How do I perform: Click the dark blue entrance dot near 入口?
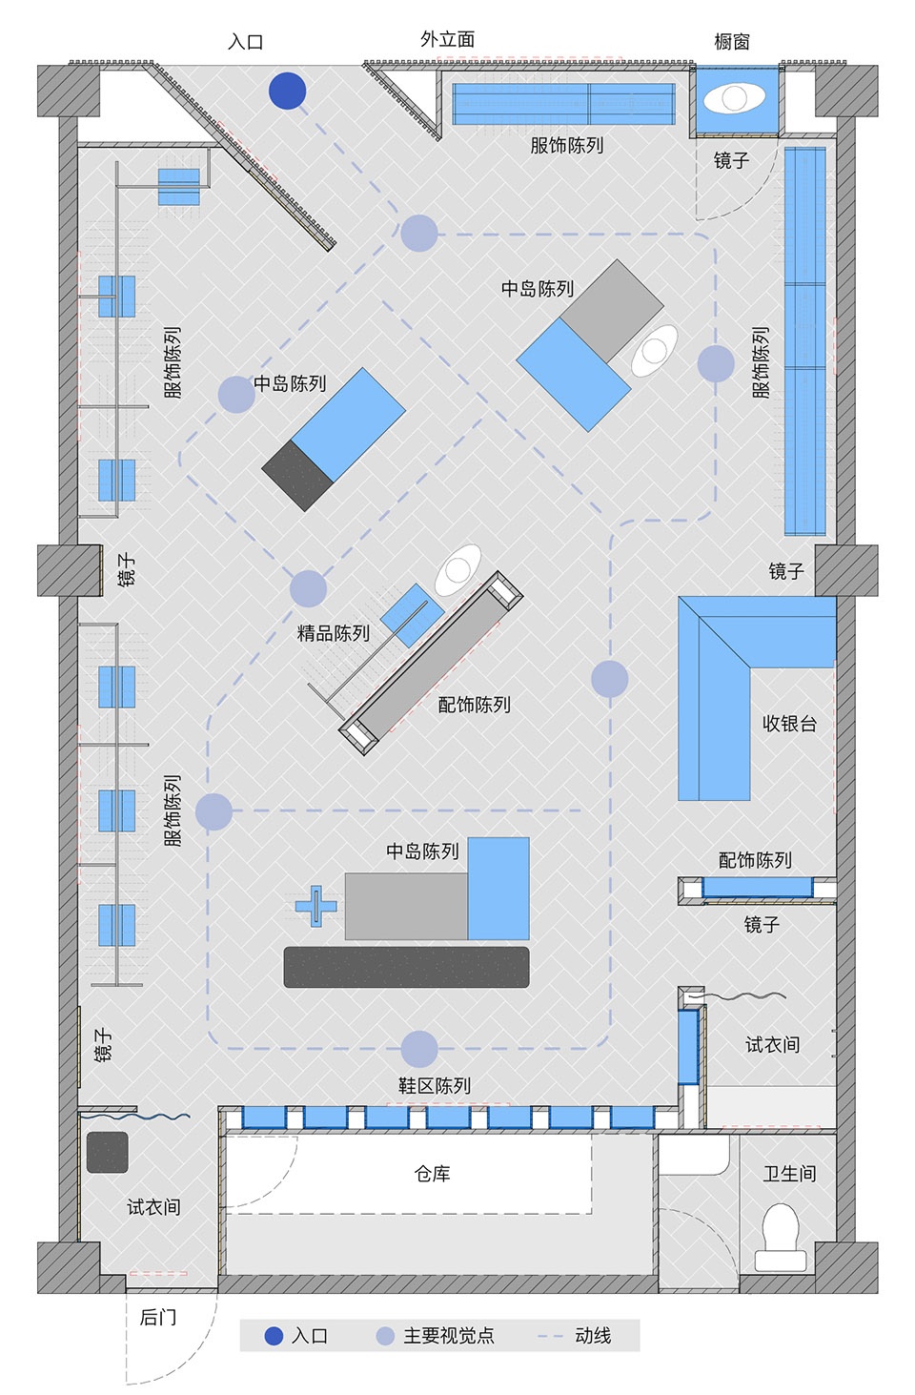287,91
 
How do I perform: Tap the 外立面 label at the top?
448,39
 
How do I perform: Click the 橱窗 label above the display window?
731,42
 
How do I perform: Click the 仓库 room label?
432,1174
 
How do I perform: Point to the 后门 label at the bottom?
158,1317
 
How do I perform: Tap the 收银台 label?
789,724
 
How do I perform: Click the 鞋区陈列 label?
435,1086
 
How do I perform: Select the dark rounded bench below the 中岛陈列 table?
406,967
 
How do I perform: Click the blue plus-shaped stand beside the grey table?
316,906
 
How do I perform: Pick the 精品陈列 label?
334,633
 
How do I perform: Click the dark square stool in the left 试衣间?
107,1152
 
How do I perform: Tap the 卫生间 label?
789,1174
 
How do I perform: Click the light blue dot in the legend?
385,1337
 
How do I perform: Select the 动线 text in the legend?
593,1336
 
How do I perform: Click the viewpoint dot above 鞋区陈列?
419,1049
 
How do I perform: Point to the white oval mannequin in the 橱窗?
734,99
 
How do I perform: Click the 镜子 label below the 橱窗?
731,161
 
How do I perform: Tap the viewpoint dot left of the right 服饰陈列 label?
716,363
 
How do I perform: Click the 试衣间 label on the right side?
772,1044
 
